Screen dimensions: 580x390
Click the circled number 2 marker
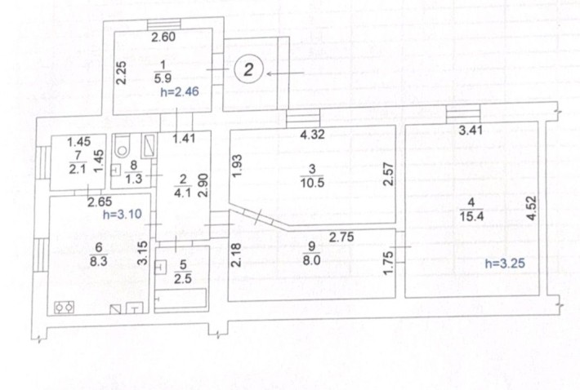click(x=248, y=69)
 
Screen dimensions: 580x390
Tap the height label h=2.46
click(x=180, y=91)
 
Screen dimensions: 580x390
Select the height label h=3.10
click(x=123, y=215)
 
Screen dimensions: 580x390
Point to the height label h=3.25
click(x=506, y=264)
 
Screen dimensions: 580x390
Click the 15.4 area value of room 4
click(x=471, y=216)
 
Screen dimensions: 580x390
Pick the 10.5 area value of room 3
click(x=312, y=183)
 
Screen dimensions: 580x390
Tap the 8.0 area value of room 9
click(x=311, y=260)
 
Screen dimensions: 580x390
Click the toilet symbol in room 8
click(x=122, y=146)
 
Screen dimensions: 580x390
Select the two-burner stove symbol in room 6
click(x=65, y=308)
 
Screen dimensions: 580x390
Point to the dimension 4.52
click(x=531, y=209)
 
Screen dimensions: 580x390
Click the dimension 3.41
click(x=471, y=130)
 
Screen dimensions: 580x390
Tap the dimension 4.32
click(x=313, y=134)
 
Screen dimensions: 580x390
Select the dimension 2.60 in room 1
click(x=163, y=37)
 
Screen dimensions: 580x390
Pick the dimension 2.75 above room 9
click(x=341, y=237)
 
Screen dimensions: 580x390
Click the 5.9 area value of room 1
click(x=163, y=78)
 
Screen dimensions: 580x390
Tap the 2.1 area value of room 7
click(x=78, y=169)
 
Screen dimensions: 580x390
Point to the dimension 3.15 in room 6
click(x=142, y=253)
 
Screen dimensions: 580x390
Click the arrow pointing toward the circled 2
click(x=285, y=73)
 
